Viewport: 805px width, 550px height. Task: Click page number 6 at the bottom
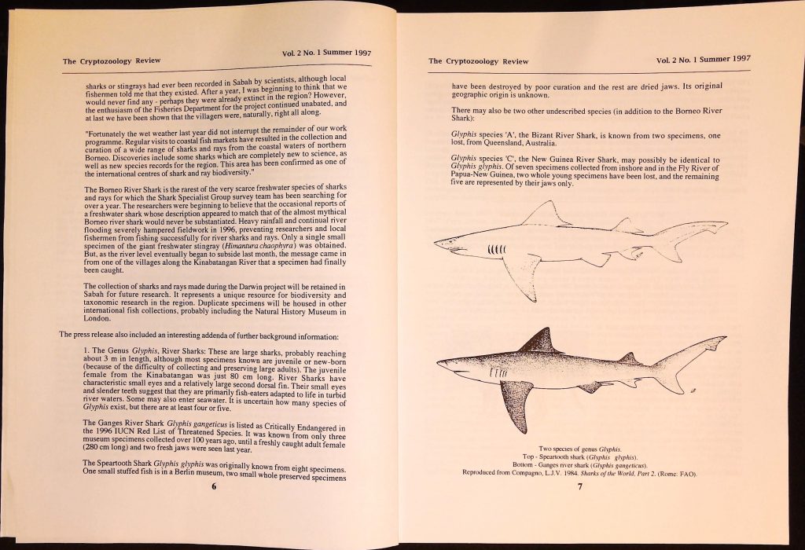click(x=214, y=485)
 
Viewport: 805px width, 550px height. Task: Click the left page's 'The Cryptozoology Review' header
click(x=108, y=60)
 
